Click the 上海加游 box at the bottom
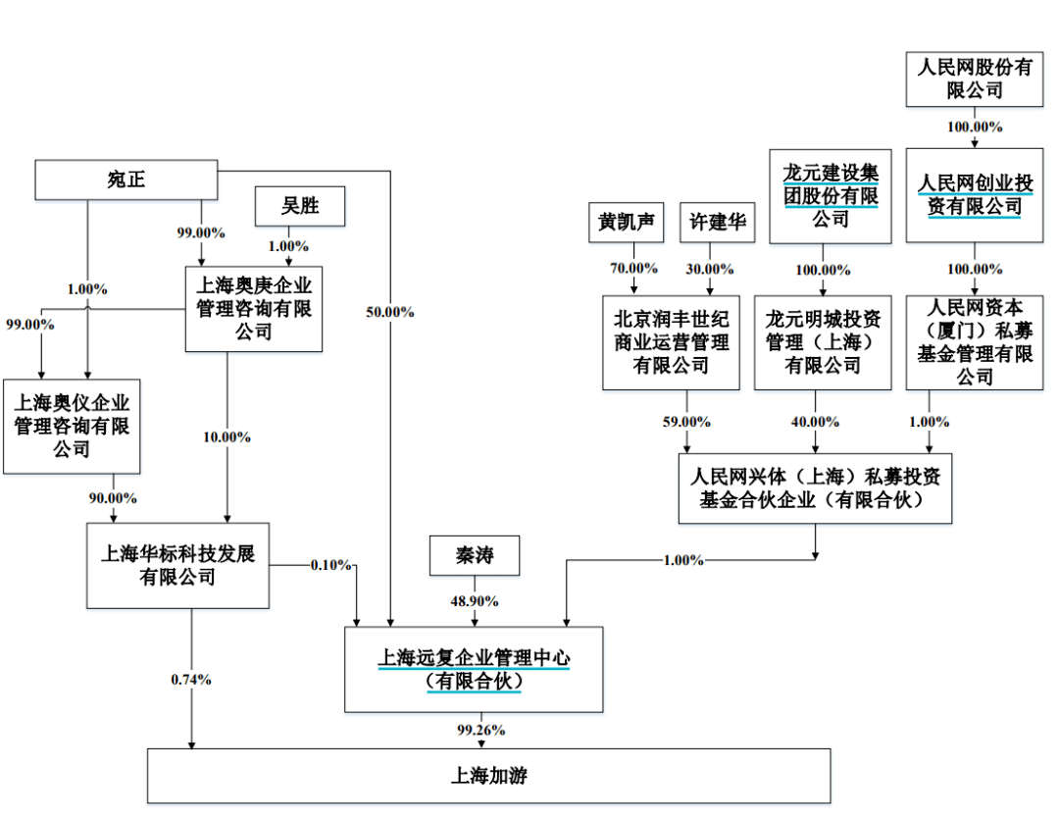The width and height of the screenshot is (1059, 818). (x=488, y=776)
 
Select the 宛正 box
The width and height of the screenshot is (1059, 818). (x=126, y=179)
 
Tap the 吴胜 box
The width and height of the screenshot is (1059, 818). (x=300, y=206)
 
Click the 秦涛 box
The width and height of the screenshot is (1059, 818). (x=475, y=557)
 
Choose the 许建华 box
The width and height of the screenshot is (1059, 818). (x=717, y=223)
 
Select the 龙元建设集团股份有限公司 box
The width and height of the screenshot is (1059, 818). (x=830, y=195)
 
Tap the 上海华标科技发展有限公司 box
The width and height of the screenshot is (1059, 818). (x=177, y=565)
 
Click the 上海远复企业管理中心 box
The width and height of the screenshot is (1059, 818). (x=474, y=669)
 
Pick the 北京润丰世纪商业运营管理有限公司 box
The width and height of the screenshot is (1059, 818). (x=671, y=342)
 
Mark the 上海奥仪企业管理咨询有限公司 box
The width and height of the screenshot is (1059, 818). (x=72, y=426)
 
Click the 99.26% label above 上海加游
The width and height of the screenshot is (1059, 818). (x=479, y=730)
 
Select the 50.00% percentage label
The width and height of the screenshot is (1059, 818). (x=389, y=312)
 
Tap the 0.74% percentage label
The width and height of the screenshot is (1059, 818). (x=190, y=679)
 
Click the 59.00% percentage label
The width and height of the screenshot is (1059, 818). (x=685, y=422)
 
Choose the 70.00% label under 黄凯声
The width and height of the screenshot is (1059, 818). (x=633, y=268)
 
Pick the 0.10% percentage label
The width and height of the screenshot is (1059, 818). (x=331, y=565)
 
